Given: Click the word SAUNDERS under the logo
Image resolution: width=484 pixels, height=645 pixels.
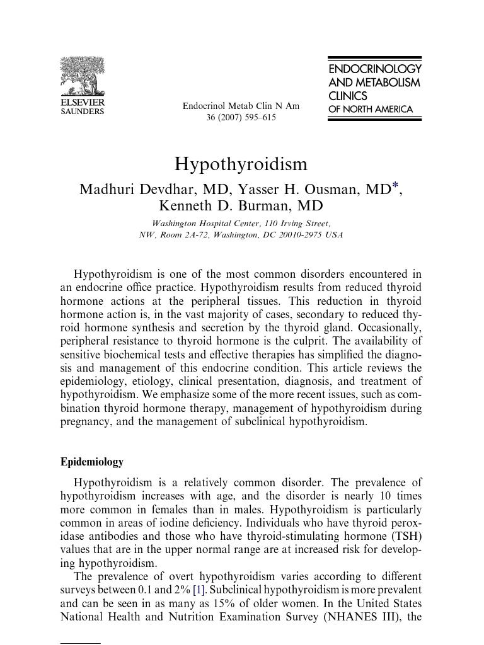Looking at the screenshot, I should click(x=83, y=111).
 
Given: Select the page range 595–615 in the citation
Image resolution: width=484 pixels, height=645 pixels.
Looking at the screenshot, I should click(x=256, y=118).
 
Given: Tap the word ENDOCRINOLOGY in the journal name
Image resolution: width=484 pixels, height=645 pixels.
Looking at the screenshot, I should click(x=374, y=69).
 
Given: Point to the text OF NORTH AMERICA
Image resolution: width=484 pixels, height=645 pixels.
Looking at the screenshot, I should click(x=371, y=109).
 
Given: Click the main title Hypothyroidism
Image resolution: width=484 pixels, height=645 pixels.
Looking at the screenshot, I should click(x=241, y=164).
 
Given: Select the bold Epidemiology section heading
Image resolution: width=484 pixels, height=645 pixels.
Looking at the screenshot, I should click(x=92, y=462).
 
